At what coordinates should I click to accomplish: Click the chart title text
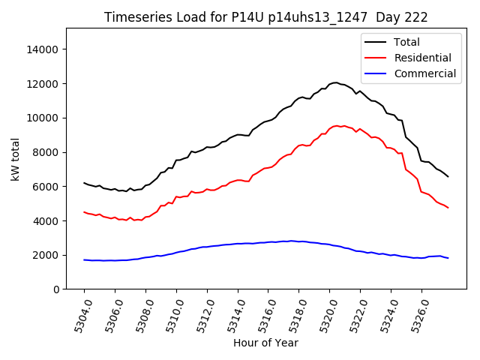[265, 17]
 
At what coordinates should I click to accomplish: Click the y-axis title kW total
[16, 159]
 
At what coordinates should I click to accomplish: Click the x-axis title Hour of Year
[265, 343]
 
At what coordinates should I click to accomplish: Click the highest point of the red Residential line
[337, 125]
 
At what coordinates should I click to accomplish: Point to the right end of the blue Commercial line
[448, 258]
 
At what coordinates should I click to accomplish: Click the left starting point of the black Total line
[84, 182]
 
